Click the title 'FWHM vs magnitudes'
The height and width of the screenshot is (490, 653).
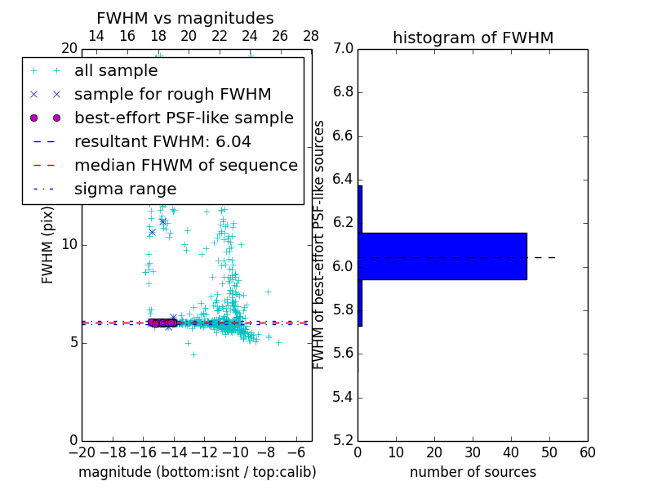[184, 19]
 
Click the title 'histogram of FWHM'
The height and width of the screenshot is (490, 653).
[473, 38]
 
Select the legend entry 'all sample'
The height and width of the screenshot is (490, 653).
[116, 71]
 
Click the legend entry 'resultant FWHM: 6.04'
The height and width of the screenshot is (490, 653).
[162, 142]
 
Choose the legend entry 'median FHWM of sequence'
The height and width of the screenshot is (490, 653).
[185, 166]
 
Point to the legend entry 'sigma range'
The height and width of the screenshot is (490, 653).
[125, 189]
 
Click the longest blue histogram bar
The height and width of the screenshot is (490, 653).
[442, 256]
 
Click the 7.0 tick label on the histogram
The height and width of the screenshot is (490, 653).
[341, 48]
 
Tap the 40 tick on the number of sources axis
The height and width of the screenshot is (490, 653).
[511, 452]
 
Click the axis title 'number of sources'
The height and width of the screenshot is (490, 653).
[473, 472]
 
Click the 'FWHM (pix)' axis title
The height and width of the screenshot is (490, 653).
[48, 245]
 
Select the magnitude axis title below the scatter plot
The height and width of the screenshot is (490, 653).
[197, 472]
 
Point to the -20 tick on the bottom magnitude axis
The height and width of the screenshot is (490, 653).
[82, 452]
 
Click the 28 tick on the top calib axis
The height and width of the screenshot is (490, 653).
[311, 36]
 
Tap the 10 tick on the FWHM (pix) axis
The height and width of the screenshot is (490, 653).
[69, 245]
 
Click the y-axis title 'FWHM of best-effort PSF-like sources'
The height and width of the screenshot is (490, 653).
[319, 245]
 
